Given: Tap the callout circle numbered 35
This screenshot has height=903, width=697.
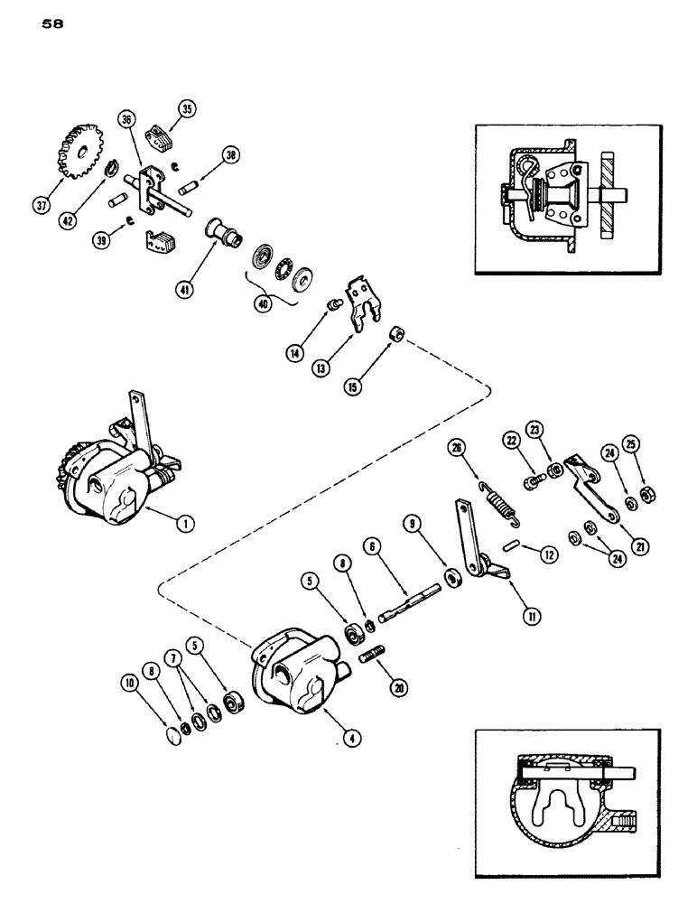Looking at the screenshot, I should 187,112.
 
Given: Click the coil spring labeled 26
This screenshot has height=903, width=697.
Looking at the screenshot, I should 501,498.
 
